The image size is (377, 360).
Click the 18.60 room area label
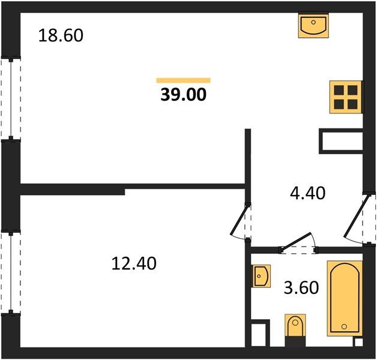pos(61,35)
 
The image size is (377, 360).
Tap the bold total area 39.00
pos(184,94)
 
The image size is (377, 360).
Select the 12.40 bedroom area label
pos(134,263)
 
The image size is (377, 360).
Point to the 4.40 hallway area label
pos(308,193)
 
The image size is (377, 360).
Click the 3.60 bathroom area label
pos(301,287)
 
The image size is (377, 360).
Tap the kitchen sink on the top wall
pos(313,25)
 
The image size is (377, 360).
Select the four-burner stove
pos(346,97)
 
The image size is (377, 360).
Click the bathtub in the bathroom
pos(345,298)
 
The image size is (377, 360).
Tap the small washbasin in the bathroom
pos(261,276)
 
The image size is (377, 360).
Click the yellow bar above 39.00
pos(184,80)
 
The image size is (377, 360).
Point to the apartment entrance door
pos(357,216)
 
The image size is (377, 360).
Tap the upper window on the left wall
pos(11,99)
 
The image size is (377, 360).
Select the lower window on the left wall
pos(11,273)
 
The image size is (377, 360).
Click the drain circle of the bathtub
pos(345,326)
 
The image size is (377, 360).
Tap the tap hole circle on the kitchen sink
pos(313,22)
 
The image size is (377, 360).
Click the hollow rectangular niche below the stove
pos(341,142)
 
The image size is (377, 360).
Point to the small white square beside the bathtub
pos(358,342)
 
